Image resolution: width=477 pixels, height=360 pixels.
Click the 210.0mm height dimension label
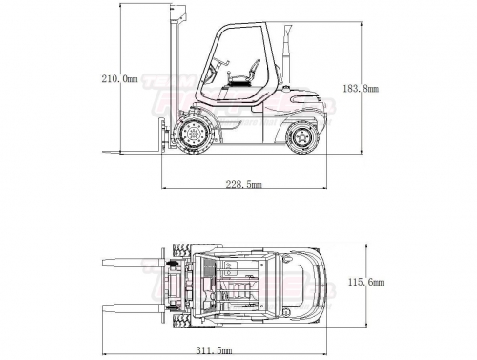120,78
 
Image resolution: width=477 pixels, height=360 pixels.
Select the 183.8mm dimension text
361,88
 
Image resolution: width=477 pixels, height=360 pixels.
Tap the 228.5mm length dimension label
244,184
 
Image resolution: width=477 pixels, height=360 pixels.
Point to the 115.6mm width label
366,282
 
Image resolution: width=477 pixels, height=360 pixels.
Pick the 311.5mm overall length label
214,350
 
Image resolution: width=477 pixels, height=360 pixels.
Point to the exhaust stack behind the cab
286,54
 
